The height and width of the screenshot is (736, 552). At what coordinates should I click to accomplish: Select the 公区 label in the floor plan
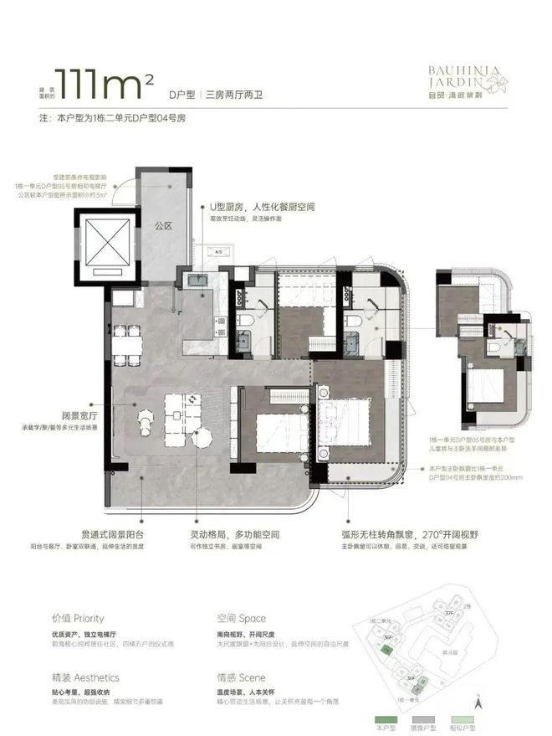pyautogui.click(x=162, y=225)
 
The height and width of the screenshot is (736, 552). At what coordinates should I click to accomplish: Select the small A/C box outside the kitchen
pyautogui.click(x=219, y=251)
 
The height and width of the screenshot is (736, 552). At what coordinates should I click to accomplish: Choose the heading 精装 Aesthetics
pyautogui.click(x=84, y=677)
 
